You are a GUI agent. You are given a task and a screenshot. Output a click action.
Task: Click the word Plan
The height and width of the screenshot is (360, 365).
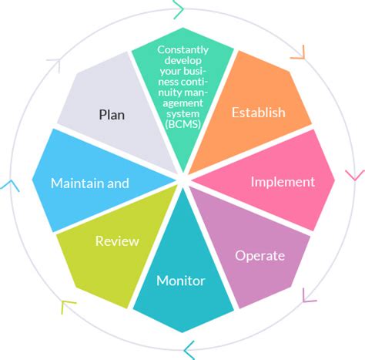tap(112, 115)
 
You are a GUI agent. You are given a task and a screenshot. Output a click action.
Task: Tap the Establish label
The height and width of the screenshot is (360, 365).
tap(258, 113)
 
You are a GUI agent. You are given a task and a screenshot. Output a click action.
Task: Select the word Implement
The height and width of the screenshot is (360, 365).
tap(283, 182)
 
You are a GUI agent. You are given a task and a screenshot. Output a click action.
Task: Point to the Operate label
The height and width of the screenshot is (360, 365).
tap(260, 255)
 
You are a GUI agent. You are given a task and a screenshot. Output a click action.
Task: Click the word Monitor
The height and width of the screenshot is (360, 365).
tap(181, 281)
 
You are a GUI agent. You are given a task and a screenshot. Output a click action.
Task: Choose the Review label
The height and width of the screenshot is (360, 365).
tap(116, 241)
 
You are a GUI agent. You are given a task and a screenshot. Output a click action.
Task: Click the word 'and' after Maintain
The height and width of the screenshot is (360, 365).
tap(118, 183)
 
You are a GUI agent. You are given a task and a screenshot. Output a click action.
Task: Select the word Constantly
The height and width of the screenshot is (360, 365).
tap(182, 50)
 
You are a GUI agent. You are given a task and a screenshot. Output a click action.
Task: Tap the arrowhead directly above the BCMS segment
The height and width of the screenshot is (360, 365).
tap(179, 11)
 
